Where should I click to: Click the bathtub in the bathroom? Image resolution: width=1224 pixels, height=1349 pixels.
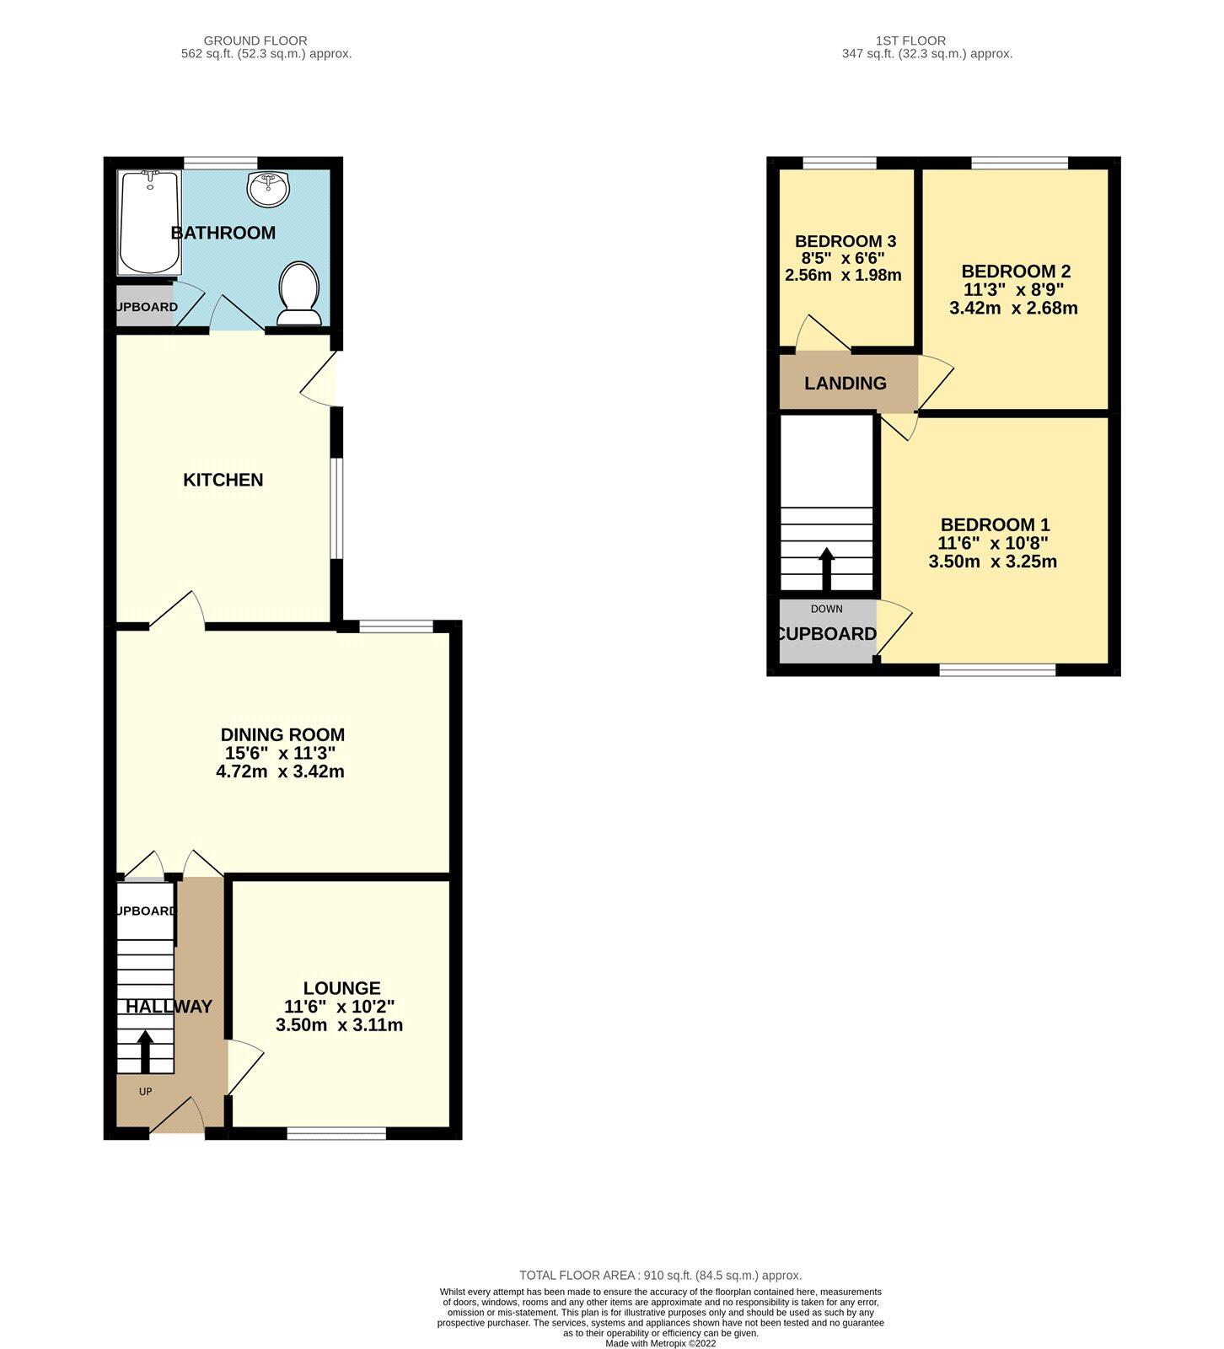coord(149,223)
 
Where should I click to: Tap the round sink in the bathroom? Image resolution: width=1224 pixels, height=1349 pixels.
coord(269,188)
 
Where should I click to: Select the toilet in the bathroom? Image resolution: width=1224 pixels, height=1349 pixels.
coord(298,293)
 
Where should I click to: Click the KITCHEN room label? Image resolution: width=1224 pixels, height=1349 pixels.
coord(223,480)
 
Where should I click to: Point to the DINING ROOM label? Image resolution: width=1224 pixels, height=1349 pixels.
coord(282,735)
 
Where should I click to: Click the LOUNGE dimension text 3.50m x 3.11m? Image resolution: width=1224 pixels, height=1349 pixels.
coord(339,1025)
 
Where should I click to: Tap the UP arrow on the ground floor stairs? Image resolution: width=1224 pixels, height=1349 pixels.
coord(144,1051)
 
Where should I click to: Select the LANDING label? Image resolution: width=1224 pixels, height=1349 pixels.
coord(845,384)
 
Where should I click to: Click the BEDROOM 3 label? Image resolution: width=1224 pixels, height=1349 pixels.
coord(846,240)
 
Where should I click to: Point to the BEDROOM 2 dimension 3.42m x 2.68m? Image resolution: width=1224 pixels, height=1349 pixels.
coord(1013,308)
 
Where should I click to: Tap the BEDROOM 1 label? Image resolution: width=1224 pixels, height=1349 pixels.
coord(995,524)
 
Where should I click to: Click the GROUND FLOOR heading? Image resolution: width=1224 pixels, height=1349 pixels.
coord(255,40)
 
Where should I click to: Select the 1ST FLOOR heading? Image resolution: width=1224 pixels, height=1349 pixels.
coord(910,40)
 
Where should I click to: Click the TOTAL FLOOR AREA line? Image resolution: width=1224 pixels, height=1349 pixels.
coord(661,1276)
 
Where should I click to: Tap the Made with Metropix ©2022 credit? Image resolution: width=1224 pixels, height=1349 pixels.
coord(661,1343)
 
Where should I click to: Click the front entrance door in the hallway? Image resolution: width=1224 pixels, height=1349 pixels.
coord(177,1115)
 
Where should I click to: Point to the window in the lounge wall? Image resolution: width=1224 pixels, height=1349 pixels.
coord(336,1133)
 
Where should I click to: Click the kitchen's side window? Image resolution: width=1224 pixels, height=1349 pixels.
coord(336,508)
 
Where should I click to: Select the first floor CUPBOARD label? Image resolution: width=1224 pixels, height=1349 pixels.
coord(826,634)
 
